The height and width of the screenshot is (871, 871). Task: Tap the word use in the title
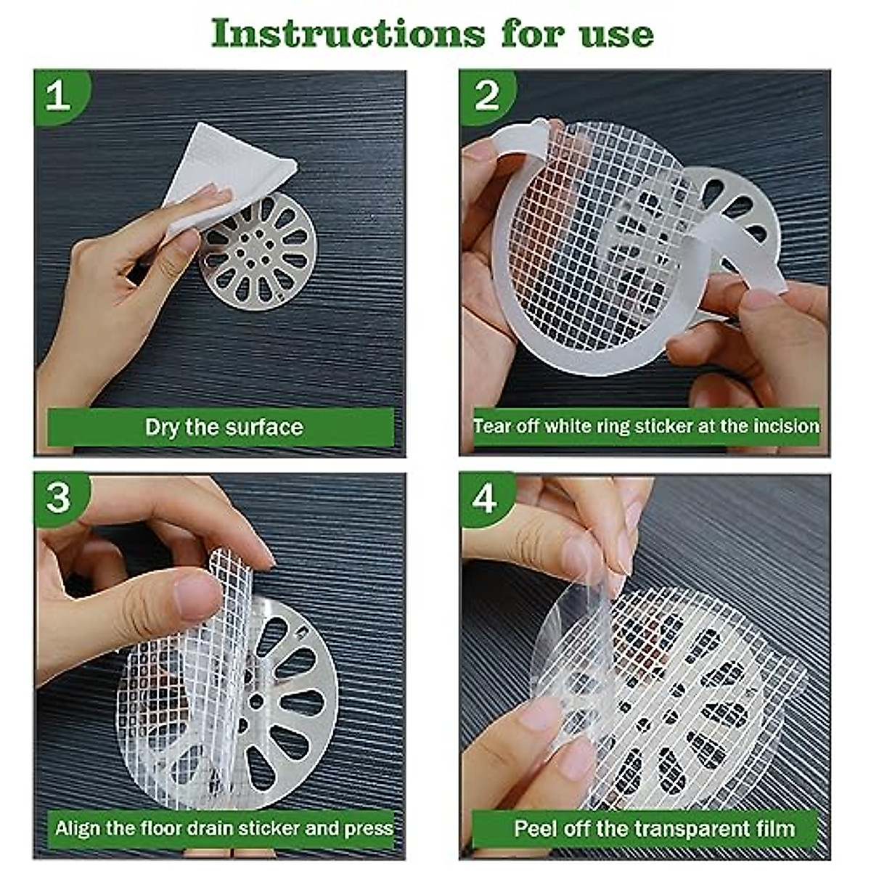pyautogui.click(x=619, y=34)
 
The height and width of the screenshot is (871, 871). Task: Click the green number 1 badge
pyautogui.click(x=58, y=95)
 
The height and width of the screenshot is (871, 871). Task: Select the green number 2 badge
pyautogui.click(x=486, y=95)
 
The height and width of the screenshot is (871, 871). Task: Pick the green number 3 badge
pyautogui.click(x=58, y=498)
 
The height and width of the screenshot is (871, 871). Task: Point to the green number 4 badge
pyautogui.click(x=485, y=499)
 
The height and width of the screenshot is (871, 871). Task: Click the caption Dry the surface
pyautogui.click(x=224, y=427)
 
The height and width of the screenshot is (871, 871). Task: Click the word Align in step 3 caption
pyautogui.click(x=75, y=828)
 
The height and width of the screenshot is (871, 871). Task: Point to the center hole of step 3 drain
pyautogui.click(x=255, y=701)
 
